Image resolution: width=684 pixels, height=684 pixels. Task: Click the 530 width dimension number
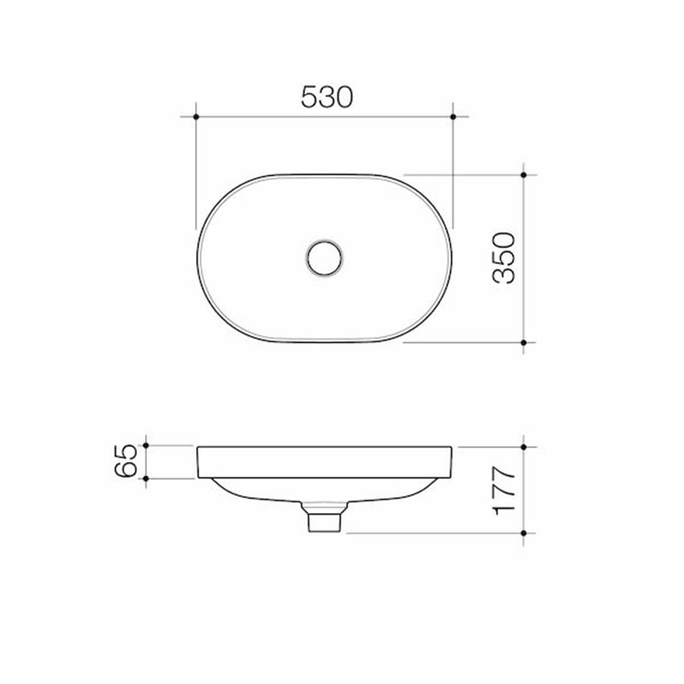(328, 97)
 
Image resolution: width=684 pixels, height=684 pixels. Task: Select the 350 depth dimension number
(505, 258)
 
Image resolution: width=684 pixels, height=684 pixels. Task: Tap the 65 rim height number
(126, 461)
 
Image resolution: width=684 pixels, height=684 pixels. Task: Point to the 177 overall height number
(505, 490)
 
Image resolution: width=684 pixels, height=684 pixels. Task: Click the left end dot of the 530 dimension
(196, 116)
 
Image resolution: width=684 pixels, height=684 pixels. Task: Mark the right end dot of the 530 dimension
(453, 116)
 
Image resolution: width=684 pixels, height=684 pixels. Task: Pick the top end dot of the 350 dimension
(524, 174)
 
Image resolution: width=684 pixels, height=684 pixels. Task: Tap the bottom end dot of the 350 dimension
(524, 343)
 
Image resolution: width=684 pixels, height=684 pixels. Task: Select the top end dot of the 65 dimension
(146, 446)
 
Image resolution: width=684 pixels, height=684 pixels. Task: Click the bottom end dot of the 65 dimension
(146, 479)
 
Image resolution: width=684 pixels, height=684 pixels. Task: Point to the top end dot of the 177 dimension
(524, 447)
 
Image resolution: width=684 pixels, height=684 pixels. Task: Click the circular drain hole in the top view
(325, 258)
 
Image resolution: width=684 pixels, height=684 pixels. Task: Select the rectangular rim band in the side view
(325, 463)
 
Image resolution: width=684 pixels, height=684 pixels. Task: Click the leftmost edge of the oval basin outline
(197, 258)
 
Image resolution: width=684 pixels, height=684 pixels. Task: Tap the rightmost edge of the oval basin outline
(452, 258)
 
